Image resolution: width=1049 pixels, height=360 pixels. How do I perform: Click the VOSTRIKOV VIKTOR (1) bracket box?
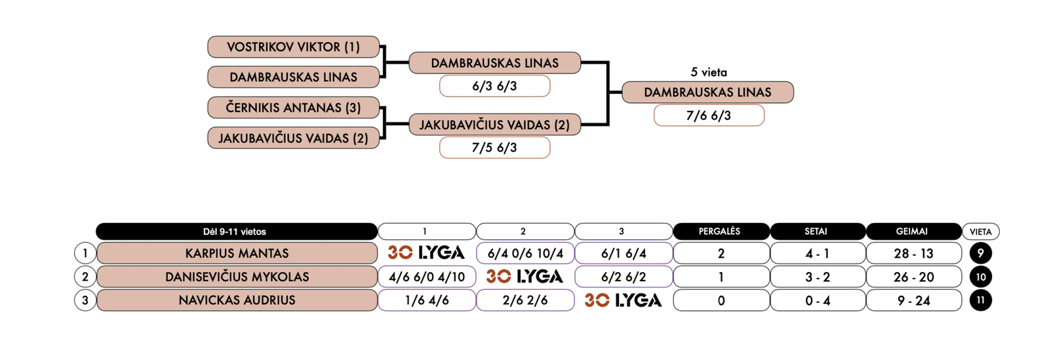point(293,47)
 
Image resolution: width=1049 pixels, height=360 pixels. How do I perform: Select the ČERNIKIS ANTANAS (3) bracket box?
point(293,108)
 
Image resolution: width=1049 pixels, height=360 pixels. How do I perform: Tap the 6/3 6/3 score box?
point(494,86)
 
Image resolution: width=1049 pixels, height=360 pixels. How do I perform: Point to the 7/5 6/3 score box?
point(494,148)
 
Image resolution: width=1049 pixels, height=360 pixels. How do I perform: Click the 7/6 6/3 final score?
point(708,115)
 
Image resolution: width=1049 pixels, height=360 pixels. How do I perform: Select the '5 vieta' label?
point(708,72)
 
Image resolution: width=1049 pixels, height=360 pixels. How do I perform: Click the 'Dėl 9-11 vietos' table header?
point(236,231)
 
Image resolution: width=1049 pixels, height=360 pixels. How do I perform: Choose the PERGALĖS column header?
point(720,231)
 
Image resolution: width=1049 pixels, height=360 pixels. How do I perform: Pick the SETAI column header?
point(816,231)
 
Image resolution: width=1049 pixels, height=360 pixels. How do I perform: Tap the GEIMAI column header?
point(912,231)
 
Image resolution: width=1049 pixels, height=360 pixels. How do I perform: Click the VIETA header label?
point(980,231)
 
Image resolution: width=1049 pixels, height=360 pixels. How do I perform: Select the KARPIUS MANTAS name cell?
point(237,253)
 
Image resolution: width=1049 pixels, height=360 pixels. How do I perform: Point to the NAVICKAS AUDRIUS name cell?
point(237,300)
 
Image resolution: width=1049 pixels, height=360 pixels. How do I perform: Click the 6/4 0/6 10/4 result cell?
point(525,253)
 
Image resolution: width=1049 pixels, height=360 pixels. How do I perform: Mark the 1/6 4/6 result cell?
point(427,300)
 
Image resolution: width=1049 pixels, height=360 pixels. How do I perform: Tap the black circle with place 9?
point(980,253)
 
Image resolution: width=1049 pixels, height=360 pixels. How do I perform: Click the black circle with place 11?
point(980,300)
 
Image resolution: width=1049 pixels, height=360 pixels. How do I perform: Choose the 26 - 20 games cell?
point(913,277)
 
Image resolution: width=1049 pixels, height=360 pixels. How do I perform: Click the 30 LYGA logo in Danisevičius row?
point(524,277)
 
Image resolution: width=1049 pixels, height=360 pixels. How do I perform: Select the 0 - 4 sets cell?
point(817,300)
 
